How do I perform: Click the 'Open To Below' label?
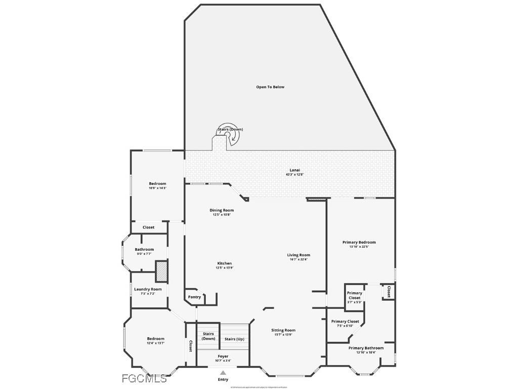point(270,87)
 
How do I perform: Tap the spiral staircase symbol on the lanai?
point(228,135)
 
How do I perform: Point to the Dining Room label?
point(222,210)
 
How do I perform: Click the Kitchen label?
point(225,263)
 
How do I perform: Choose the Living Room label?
point(298,255)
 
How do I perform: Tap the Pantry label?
point(194,297)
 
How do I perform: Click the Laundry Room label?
point(148,289)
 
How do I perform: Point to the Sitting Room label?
point(283,330)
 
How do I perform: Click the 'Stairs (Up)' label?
point(234,339)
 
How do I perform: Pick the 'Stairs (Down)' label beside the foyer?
point(208,336)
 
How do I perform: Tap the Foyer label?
point(223,357)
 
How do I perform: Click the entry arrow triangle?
point(223,373)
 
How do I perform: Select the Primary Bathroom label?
point(366,348)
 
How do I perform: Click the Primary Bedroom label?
point(359,243)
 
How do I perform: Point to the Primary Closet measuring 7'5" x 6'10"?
point(345,322)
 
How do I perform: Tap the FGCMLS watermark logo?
point(144,378)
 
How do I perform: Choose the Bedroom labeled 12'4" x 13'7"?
point(156,339)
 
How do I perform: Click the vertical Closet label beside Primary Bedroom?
point(388,292)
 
